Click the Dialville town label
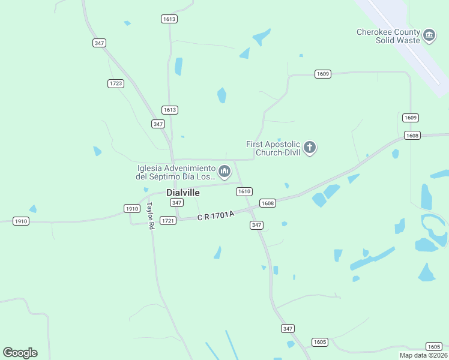(182, 193)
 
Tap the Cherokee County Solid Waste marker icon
(429, 36)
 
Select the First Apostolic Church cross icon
(310, 148)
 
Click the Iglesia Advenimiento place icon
(224, 172)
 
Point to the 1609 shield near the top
(323, 74)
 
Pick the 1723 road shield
(116, 83)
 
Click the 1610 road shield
(244, 191)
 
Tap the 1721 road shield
(168, 221)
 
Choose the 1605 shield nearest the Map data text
(433, 347)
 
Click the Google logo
(20, 353)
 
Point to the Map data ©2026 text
(423, 355)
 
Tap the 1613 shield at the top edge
(169, 19)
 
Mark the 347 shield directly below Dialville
(176, 203)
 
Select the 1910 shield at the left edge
(21, 221)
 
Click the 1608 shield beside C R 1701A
(268, 203)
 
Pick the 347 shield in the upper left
(100, 43)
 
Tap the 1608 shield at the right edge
(412, 136)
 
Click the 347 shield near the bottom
(288, 328)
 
